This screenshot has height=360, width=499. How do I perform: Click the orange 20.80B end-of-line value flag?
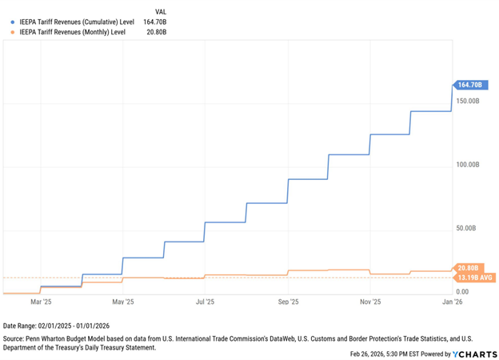click(x=470, y=267)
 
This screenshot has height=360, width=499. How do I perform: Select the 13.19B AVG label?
click(x=475, y=278)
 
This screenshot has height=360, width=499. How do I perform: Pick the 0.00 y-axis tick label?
click(x=463, y=292)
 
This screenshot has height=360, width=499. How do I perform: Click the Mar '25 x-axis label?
click(x=41, y=302)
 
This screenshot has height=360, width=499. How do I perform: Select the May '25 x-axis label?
click(x=123, y=302)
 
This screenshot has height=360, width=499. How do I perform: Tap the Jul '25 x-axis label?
click(x=206, y=302)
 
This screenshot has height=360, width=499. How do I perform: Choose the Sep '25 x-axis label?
click(x=289, y=302)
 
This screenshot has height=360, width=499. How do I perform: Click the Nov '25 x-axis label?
click(x=370, y=302)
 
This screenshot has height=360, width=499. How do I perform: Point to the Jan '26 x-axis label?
click(x=453, y=302)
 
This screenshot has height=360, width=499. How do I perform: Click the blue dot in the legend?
click(x=13, y=22)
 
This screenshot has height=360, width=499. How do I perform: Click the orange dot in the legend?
click(x=13, y=33)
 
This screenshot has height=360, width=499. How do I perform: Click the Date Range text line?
click(x=57, y=326)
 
